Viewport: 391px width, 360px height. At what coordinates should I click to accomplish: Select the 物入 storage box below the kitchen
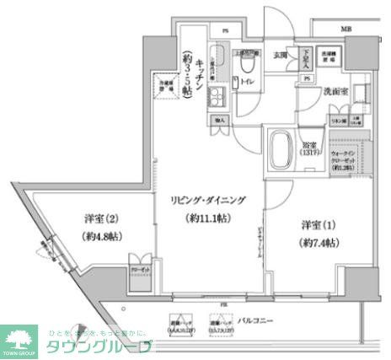(219, 121)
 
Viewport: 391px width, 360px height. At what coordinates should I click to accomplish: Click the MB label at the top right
(345, 30)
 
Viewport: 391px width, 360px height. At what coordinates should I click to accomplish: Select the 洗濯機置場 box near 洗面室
(331, 56)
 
